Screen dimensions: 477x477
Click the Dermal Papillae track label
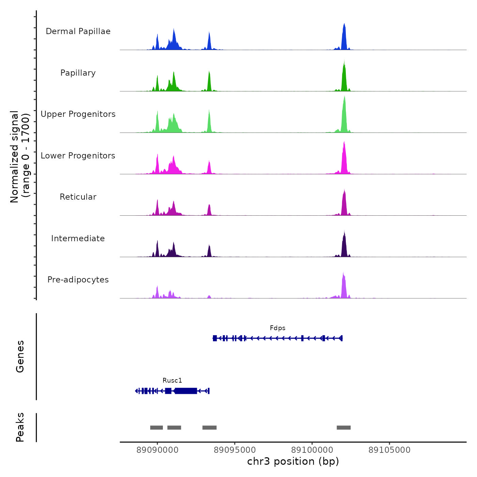click(78, 31)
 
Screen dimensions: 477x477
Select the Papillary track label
click(78, 73)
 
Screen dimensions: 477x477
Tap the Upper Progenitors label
click(78, 114)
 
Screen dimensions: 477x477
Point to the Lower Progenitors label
click(78, 156)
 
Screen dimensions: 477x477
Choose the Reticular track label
click(78, 197)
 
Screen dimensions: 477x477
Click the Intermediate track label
click(78, 238)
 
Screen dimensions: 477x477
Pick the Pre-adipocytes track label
click(78, 280)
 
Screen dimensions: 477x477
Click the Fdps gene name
click(277, 328)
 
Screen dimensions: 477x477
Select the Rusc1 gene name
click(172, 381)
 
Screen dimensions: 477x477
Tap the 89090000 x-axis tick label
click(157, 450)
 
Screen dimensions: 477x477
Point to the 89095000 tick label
click(235, 450)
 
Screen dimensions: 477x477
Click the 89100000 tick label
click(312, 450)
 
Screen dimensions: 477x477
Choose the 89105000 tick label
click(389, 450)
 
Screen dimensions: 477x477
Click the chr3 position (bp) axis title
click(293, 461)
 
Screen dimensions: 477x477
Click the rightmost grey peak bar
click(343, 428)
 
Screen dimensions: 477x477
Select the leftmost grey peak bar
click(156, 428)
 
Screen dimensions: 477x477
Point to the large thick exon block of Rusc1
click(186, 391)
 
